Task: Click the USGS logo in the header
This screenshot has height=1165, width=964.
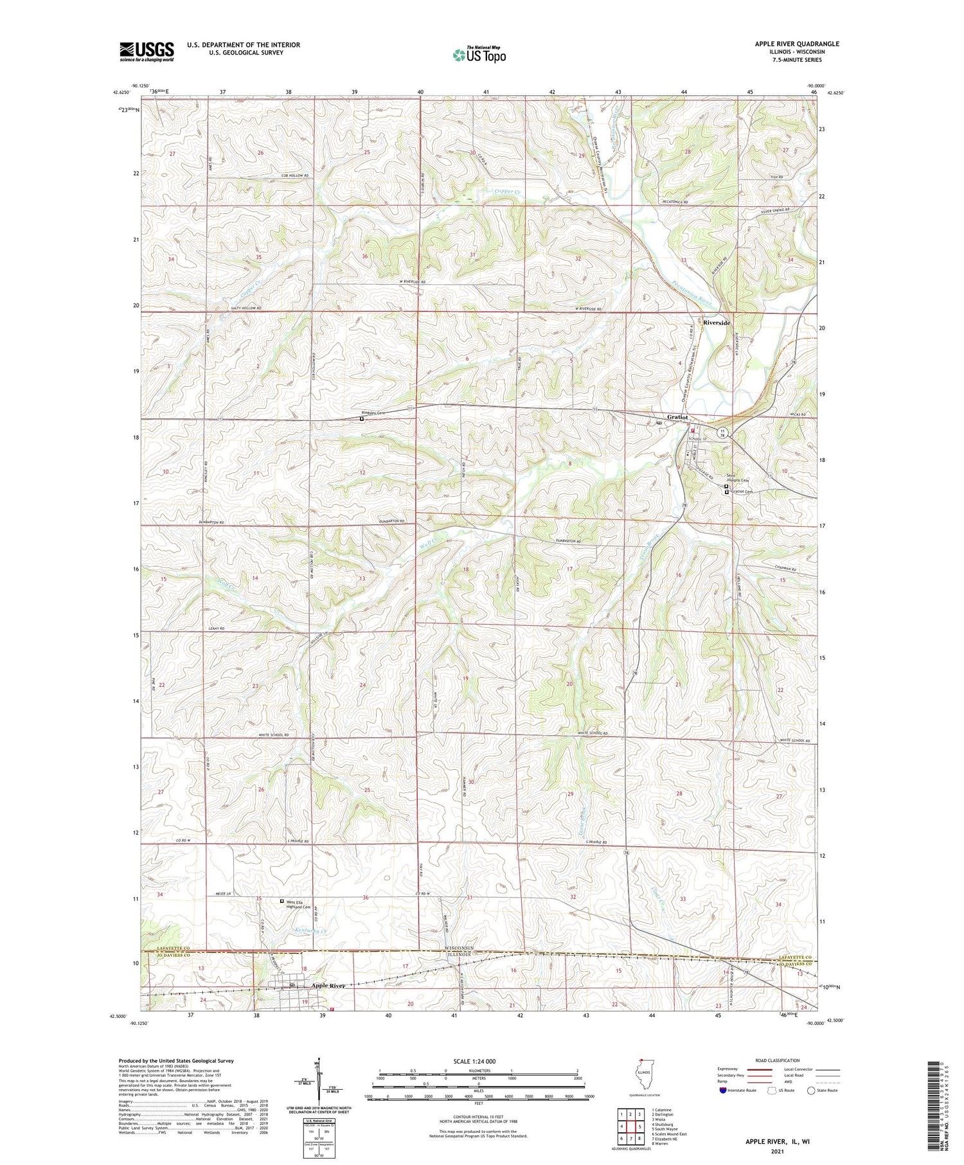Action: pyautogui.click(x=147, y=51)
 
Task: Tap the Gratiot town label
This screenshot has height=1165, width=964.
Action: pyautogui.click(x=677, y=417)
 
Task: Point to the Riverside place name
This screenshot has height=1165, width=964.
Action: pyautogui.click(x=717, y=322)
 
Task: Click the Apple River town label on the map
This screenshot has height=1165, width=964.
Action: pyautogui.click(x=328, y=985)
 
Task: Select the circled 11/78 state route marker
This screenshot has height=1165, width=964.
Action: pyautogui.click(x=723, y=433)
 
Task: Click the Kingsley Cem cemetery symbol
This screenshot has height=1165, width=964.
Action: pyautogui.click(x=361, y=419)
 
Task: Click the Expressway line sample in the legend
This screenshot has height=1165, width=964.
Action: pyautogui.click(x=762, y=1069)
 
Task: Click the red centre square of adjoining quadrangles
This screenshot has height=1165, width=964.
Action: pyautogui.click(x=640, y=1126)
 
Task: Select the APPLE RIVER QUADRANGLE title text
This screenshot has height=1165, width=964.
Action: pyautogui.click(x=797, y=44)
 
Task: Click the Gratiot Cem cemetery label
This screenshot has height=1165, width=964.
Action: pyautogui.click(x=741, y=492)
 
